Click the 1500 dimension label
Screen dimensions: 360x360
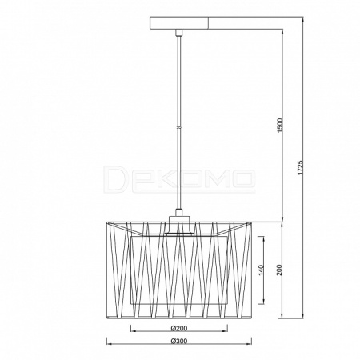coord(279,126)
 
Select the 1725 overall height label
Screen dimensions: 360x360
coord(301,167)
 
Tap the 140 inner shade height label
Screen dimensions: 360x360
coord(261,270)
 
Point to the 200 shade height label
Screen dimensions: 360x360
coord(279,270)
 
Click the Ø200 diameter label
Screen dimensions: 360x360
coord(179,328)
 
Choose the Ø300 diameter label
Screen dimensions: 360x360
coord(179,341)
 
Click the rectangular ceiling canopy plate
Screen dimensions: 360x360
coord(179,23)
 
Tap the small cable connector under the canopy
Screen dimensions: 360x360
coord(179,33)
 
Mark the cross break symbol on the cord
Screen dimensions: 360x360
coord(179,127)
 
